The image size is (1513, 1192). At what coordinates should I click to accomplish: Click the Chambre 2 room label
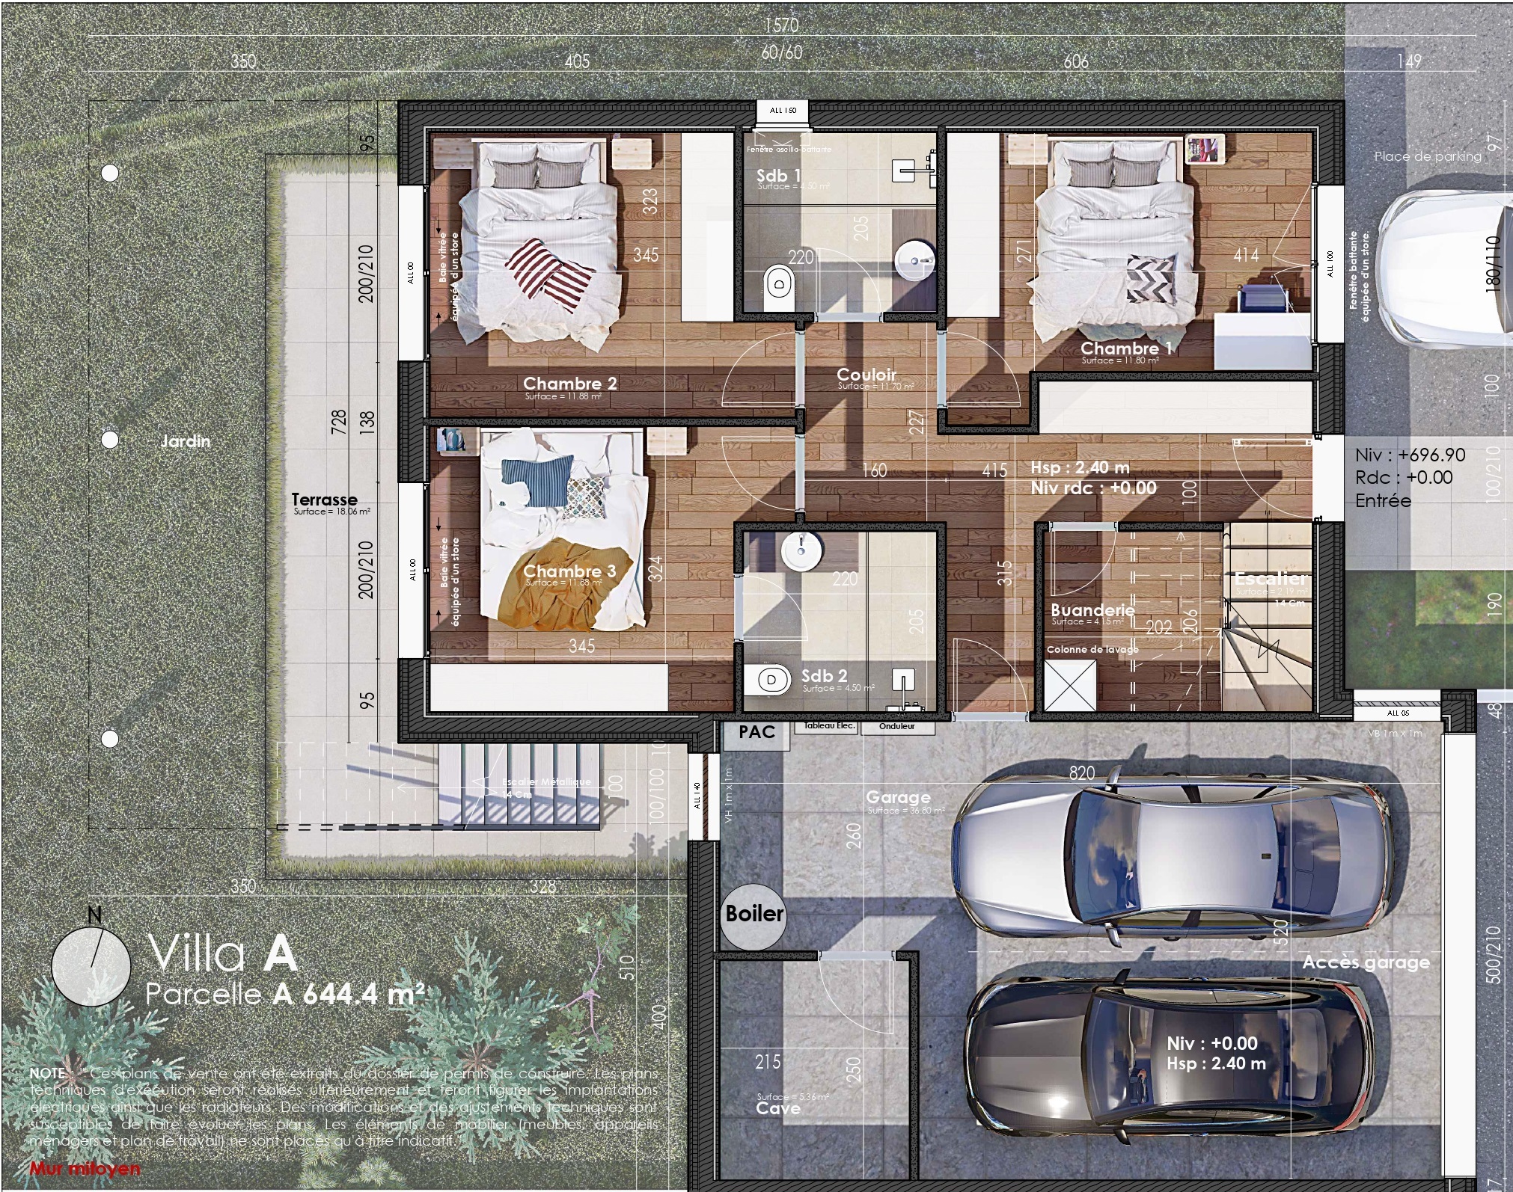[569, 384]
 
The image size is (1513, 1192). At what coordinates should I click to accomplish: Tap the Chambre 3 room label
[569, 571]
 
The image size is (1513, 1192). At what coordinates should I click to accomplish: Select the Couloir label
[866, 374]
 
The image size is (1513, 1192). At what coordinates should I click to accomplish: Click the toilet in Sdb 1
[779, 285]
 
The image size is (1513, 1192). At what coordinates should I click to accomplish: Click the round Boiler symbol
[754, 913]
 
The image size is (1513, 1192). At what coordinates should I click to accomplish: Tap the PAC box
[756, 731]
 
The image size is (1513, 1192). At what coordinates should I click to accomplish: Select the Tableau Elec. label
[828, 726]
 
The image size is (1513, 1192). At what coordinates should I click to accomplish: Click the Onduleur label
[896, 726]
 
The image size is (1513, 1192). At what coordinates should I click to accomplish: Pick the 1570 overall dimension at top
[780, 25]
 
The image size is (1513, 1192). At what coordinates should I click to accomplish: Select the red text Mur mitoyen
[85, 1168]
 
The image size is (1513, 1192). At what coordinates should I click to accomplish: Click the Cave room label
[778, 1107]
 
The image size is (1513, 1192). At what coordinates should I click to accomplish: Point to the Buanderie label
[1092, 609]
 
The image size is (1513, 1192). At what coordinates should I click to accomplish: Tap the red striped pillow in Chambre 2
[551, 273]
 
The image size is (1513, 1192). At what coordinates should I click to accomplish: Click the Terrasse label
[324, 499]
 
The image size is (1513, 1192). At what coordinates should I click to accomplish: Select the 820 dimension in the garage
[1081, 773]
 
